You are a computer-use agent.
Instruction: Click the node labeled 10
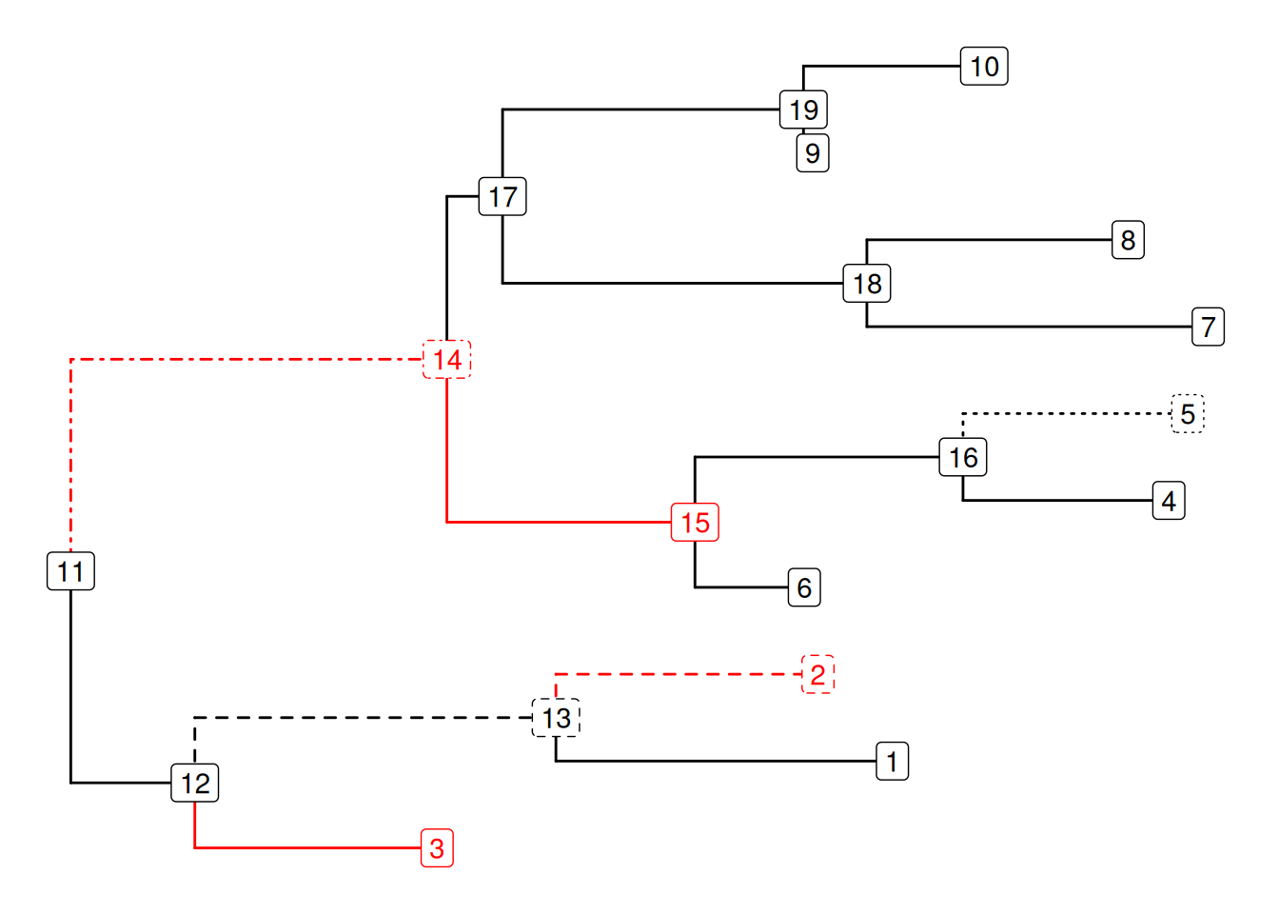[984, 67]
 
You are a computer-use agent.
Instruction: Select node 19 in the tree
[803, 109]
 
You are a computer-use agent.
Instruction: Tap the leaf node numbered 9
[813, 153]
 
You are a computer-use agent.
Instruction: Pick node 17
[502, 197]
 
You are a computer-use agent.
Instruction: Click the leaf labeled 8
[1128, 240]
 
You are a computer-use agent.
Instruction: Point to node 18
[867, 284]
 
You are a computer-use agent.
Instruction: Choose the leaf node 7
[1208, 328]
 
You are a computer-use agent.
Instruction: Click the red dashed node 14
[447, 360]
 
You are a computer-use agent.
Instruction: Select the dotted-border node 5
[1187, 414]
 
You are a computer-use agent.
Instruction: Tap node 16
[963, 458]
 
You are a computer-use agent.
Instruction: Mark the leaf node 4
[1169, 501]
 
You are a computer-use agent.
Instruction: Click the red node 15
[695, 523]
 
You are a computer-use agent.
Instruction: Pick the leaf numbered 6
[804, 588]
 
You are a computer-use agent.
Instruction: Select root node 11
[70, 571]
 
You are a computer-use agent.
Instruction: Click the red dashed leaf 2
[817, 675]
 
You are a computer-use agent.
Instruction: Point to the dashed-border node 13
[557, 718]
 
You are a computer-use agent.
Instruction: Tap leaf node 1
[892, 762]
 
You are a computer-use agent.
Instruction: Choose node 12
[195, 784]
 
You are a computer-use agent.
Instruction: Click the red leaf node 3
[437, 848]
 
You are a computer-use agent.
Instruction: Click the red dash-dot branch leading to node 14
[238, 360]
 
